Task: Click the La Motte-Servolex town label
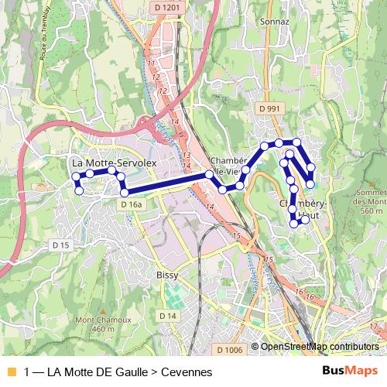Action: pos(114,164)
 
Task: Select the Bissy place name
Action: pos(167,275)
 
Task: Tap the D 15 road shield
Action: pos(60,245)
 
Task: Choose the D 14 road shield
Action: pos(167,316)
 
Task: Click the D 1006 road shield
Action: pos(230,351)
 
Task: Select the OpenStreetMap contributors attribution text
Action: pos(319,346)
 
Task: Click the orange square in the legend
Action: pos(11,372)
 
